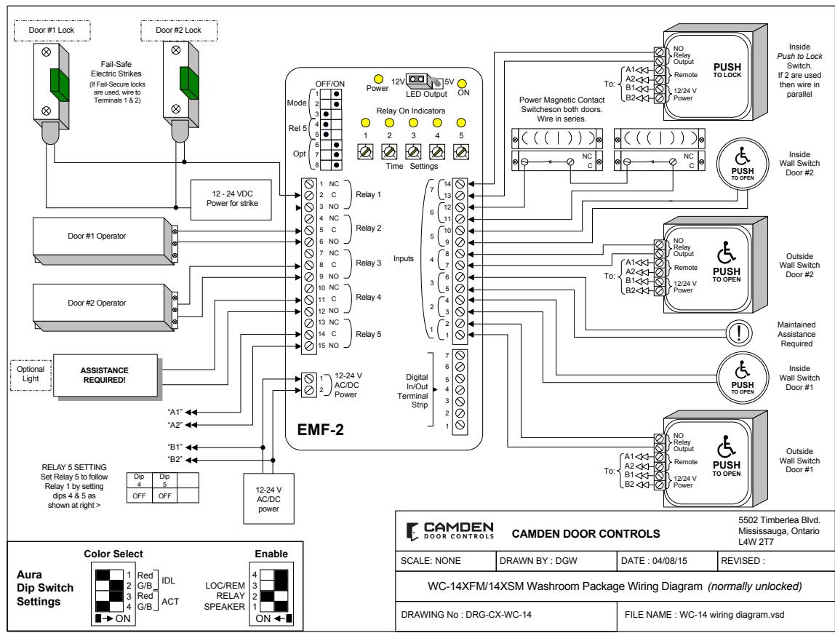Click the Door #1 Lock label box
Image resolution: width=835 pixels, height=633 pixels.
point(52,31)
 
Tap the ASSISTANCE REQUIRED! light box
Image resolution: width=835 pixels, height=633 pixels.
point(105,375)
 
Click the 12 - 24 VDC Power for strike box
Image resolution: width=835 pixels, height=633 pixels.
point(231,199)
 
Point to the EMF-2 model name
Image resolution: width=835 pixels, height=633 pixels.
point(321,429)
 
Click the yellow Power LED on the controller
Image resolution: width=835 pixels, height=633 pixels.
point(378,79)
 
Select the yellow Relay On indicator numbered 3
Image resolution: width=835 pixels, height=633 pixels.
point(413,122)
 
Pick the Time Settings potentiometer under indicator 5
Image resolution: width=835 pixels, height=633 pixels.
point(461,152)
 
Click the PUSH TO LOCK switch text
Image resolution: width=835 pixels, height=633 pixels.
point(727,70)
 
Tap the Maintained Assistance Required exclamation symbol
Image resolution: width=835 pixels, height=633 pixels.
point(738,333)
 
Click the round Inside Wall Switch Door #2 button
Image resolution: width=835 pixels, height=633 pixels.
point(743,164)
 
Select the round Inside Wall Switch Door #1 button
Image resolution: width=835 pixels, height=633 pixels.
point(743,378)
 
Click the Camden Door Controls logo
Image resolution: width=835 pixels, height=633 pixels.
point(450,531)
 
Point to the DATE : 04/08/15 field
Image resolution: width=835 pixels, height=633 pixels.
point(654,560)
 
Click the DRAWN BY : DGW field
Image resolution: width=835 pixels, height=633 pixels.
point(538,560)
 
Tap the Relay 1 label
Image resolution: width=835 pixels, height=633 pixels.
point(369,194)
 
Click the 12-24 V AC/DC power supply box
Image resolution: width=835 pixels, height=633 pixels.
point(268,498)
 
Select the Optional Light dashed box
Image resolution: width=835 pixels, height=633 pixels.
point(31,375)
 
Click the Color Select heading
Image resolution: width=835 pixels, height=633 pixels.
point(113,554)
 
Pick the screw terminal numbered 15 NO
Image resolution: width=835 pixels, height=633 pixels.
point(309,346)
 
